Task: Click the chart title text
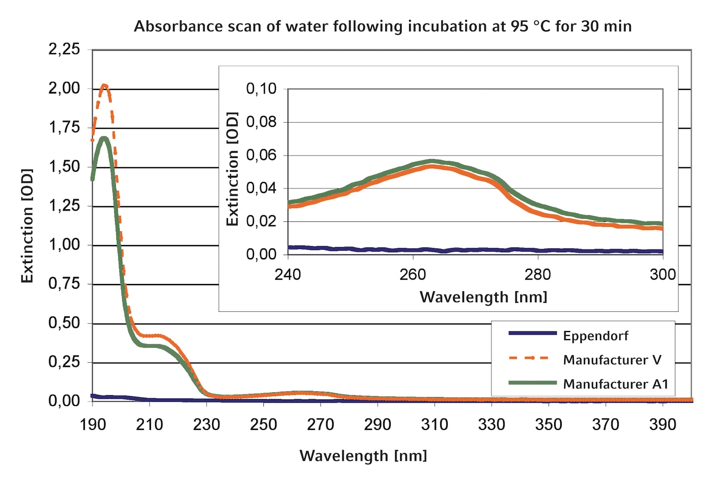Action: [x=383, y=26]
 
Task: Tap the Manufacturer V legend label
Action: [x=612, y=360]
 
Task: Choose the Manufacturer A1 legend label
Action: [x=616, y=384]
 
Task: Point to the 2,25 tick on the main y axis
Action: [x=64, y=50]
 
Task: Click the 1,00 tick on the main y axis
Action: [x=64, y=245]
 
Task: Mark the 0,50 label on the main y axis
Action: [x=64, y=323]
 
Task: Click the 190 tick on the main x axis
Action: [x=93, y=424]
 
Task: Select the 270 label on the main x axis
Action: [x=321, y=424]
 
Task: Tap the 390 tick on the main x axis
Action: [x=663, y=424]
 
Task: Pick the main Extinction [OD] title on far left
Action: [x=27, y=226]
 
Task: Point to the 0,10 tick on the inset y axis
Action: [x=261, y=88]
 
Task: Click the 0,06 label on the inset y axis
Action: [x=261, y=155]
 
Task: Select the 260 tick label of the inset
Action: [x=413, y=275]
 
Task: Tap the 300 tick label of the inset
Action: [x=663, y=275]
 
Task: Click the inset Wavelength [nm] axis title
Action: [x=483, y=297]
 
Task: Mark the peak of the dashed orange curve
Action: [x=104, y=86]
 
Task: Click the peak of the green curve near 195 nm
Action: [x=104, y=139]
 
